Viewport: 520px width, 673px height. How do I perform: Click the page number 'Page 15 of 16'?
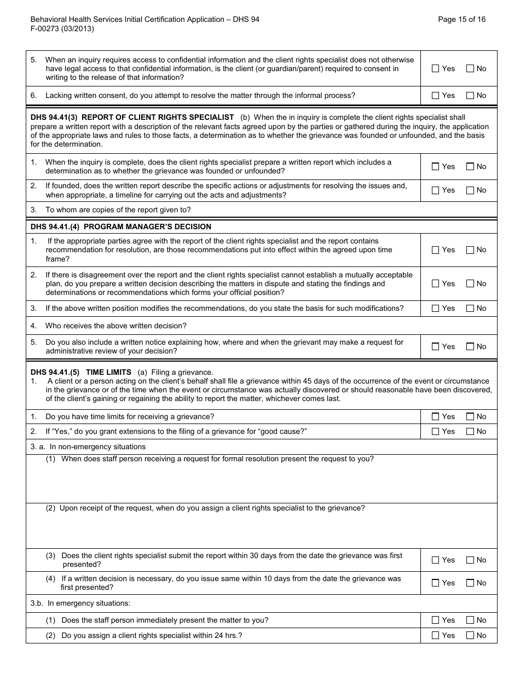click(x=461, y=19)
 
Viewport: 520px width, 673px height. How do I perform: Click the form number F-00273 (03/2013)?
click(x=62, y=29)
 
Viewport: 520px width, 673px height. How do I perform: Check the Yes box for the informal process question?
click(x=436, y=95)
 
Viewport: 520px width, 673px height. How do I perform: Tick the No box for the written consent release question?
click(x=470, y=68)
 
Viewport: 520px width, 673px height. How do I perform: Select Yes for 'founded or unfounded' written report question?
click(x=436, y=166)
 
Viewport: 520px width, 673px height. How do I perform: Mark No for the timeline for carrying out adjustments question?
click(x=470, y=190)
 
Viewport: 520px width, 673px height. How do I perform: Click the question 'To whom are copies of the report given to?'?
click(x=118, y=210)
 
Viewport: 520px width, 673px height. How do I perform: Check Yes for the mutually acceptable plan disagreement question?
click(x=436, y=283)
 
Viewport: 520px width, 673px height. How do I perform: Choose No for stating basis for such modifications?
click(x=470, y=308)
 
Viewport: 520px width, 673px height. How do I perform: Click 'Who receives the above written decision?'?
click(x=115, y=326)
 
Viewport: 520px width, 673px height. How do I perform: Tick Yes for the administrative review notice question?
click(x=436, y=346)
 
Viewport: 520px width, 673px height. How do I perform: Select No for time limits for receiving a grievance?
click(x=470, y=416)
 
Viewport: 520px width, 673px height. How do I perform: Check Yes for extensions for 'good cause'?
click(x=436, y=431)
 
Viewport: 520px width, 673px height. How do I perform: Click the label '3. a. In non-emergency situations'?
click(x=88, y=446)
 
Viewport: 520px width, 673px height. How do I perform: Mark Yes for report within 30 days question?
click(x=436, y=560)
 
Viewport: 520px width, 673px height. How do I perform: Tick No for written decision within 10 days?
click(x=470, y=583)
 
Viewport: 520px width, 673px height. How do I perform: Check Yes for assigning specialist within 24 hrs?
click(x=436, y=635)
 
